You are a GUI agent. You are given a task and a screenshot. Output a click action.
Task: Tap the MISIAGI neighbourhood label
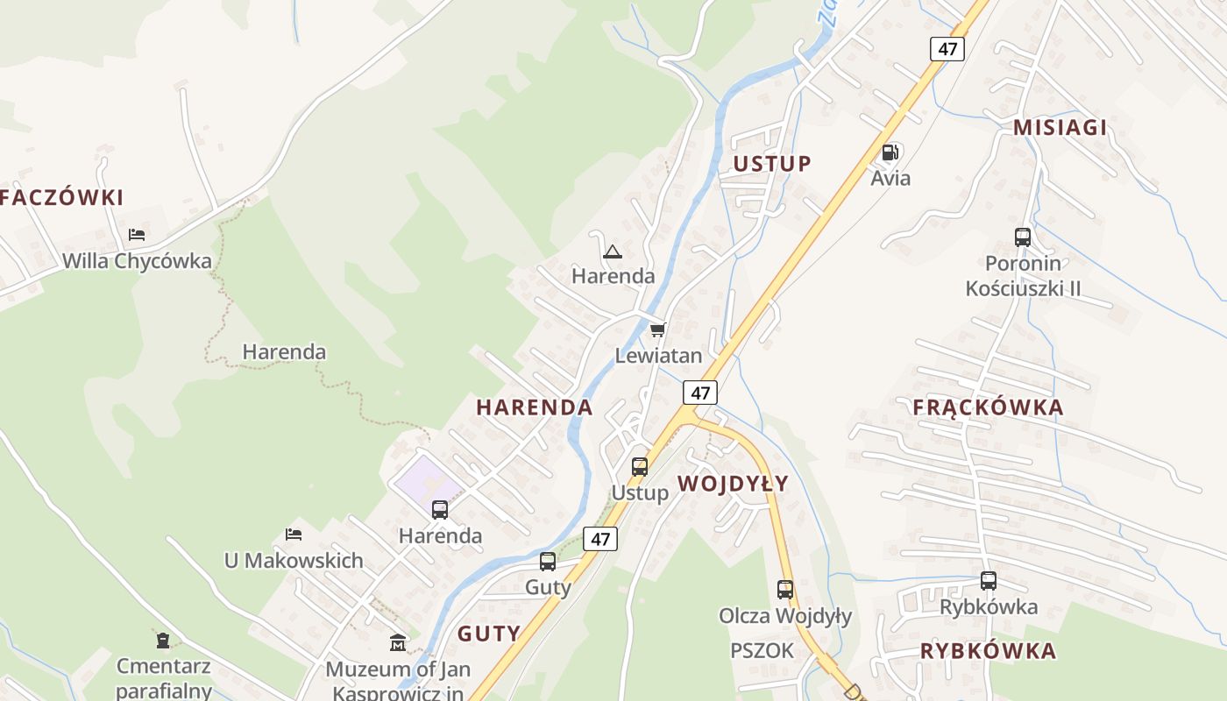[1060, 127]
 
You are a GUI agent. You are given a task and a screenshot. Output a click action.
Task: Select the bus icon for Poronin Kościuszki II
[1023, 237]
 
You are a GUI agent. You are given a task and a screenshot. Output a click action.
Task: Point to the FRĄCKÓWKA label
[988, 407]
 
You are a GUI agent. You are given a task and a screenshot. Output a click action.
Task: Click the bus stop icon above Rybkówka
[989, 580]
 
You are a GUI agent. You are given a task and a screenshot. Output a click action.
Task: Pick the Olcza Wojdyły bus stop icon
[785, 590]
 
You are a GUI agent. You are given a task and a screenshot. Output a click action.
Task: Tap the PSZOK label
[762, 650]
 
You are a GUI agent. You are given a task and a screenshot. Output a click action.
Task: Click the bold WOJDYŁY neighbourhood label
[733, 484]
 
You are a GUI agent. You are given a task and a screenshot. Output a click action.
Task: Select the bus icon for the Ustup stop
[640, 466]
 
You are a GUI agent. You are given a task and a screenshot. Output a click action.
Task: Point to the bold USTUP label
[772, 164]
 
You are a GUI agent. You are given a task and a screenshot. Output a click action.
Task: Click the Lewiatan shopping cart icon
[658, 329]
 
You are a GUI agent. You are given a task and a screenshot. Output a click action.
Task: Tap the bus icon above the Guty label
[548, 562]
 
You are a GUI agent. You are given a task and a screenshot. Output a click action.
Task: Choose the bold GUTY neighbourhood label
[488, 634]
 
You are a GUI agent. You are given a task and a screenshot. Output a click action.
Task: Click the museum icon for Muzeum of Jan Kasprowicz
[398, 643]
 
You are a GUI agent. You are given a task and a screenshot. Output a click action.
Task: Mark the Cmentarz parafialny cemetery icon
[163, 640]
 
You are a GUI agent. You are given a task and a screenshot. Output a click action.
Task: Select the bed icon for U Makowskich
[294, 534]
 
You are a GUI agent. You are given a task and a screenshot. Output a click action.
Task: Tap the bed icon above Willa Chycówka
[137, 234]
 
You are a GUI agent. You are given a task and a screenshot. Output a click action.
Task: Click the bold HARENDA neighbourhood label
[534, 407]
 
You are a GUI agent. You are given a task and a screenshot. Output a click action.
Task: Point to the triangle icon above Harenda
[613, 252]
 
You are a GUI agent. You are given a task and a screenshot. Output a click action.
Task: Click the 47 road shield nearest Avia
[947, 48]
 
